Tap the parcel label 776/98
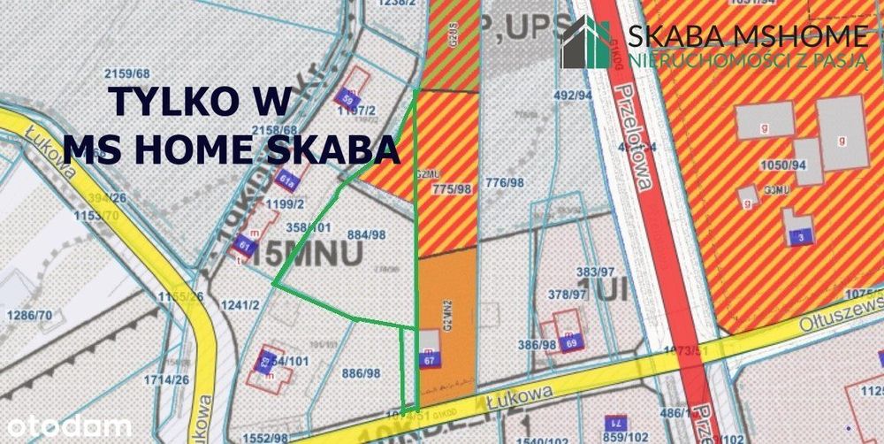(505, 183)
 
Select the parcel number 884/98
(367, 234)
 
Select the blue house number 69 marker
(572, 342)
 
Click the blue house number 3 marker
(800, 236)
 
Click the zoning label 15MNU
(309, 254)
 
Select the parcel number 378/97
(568, 294)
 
